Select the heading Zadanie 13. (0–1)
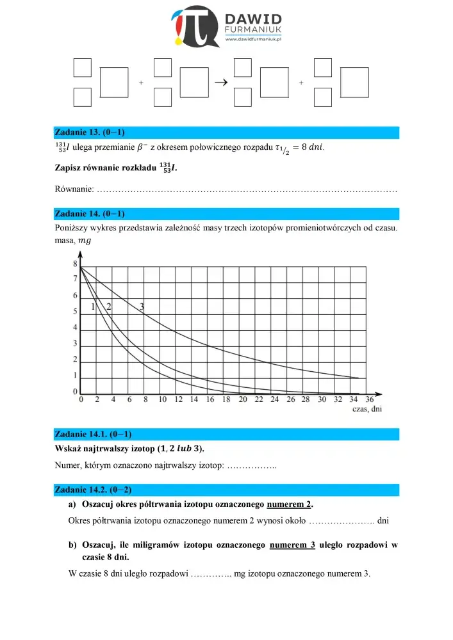point(89,132)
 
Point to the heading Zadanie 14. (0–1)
point(89,214)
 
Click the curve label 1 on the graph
point(93,307)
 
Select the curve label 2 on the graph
point(109,307)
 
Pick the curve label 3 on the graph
point(142,307)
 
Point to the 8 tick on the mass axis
point(75,264)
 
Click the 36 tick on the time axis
point(370,399)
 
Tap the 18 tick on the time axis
point(226,399)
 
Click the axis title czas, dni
point(368,410)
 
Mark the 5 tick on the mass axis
point(75,312)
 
